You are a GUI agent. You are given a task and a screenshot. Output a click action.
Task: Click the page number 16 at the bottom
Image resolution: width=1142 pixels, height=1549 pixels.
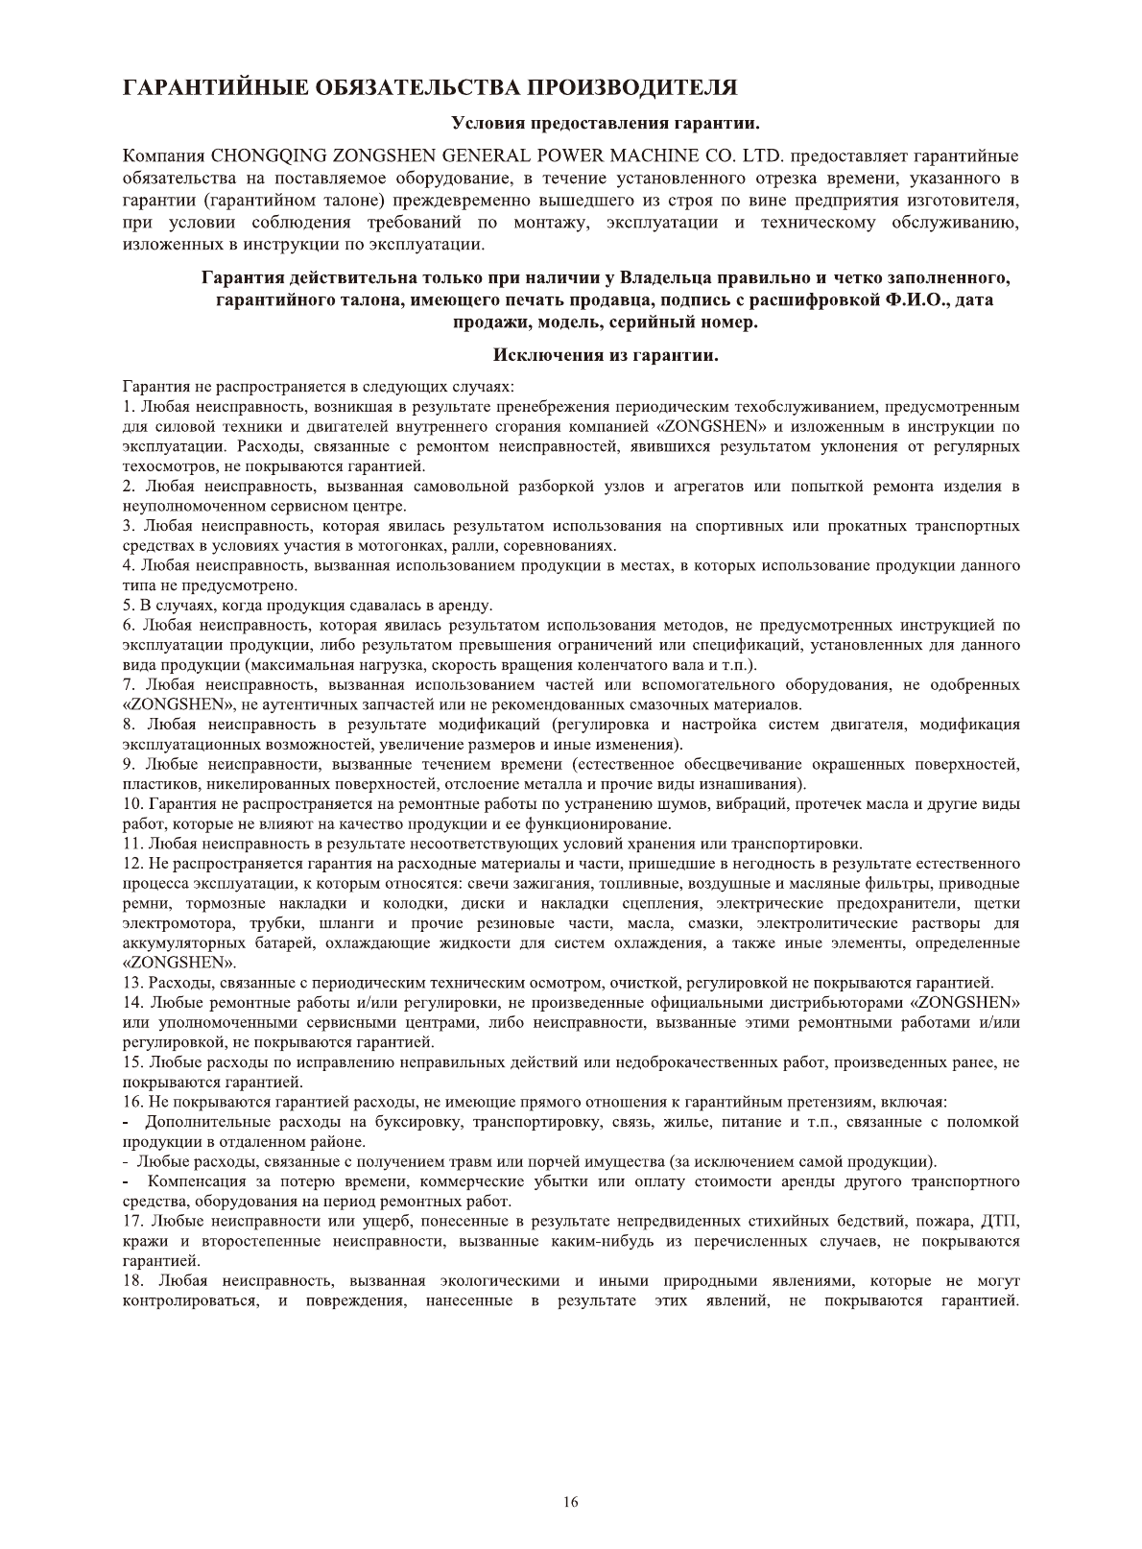[x=571, y=1503]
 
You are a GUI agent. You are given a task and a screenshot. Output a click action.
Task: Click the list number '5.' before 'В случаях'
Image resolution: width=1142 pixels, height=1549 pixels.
[x=130, y=606]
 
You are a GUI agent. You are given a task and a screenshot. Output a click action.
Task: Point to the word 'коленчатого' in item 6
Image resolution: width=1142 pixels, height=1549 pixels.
[x=635, y=665]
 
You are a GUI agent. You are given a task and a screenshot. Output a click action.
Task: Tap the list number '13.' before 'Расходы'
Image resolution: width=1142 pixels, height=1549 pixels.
[x=134, y=982]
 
